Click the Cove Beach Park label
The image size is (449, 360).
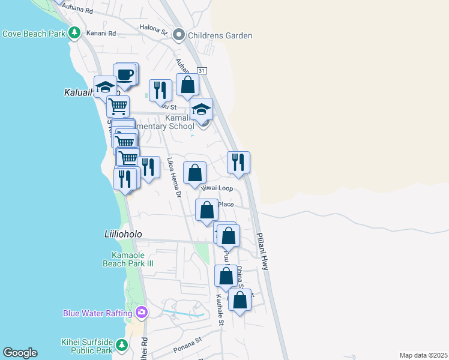pos(33,34)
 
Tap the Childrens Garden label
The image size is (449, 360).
pos(220,35)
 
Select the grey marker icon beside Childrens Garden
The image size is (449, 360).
pos(179,35)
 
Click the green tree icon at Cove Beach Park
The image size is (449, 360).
pos(74,33)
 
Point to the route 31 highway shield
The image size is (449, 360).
pos(202,71)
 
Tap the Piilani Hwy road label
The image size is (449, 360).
pos(263,251)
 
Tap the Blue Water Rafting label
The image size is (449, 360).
pos(98,313)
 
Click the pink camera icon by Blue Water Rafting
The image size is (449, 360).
pos(141,312)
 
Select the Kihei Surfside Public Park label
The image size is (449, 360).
pos(88,346)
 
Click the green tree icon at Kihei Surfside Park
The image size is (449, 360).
pos(122,345)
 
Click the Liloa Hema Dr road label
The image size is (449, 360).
pos(174,178)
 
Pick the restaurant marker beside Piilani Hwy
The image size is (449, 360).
pos(238,161)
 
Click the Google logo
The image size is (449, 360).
pos(20,353)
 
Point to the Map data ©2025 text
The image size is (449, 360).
pos(423,355)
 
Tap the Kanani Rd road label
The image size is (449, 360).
pos(101,34)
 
